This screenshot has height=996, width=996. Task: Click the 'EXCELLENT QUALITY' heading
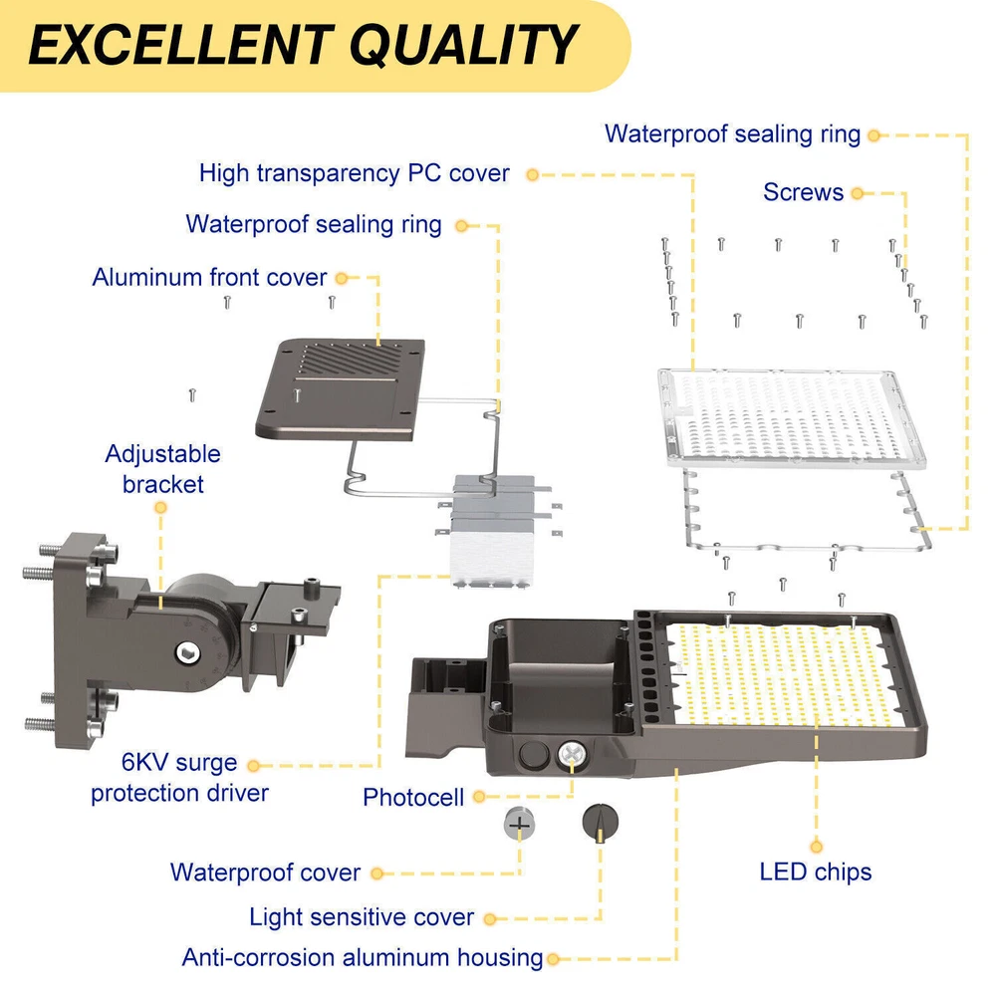[x=303, y=45]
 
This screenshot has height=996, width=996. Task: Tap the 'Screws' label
[x=803, y=192]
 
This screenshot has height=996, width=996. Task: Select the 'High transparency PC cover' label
[x=354, y=173]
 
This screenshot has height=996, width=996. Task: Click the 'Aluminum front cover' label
[x=209, y=278]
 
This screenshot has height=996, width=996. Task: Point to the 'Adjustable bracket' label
[x=162, y=469]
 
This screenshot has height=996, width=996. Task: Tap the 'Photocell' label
[x=413, y=797]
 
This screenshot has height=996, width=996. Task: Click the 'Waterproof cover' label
[x=265, y=872]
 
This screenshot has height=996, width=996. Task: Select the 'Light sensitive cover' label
[x=361, y=917]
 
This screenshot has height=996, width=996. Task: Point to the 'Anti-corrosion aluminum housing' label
[x=363, y=957]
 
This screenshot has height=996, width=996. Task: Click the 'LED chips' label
[x=815, y=872]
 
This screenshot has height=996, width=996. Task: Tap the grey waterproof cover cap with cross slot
[x=519, y=824]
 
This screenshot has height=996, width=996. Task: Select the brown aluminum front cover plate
[x=341, y=388]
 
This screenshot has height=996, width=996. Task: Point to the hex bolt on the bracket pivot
[x=188, y=652]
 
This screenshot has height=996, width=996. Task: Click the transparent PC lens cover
[x=792, y=418]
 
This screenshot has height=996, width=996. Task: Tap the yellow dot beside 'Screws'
[x=858, y=194]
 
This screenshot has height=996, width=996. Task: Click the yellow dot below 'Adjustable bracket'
[x=160, y=508]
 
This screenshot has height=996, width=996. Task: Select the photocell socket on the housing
[x=572, y=755]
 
